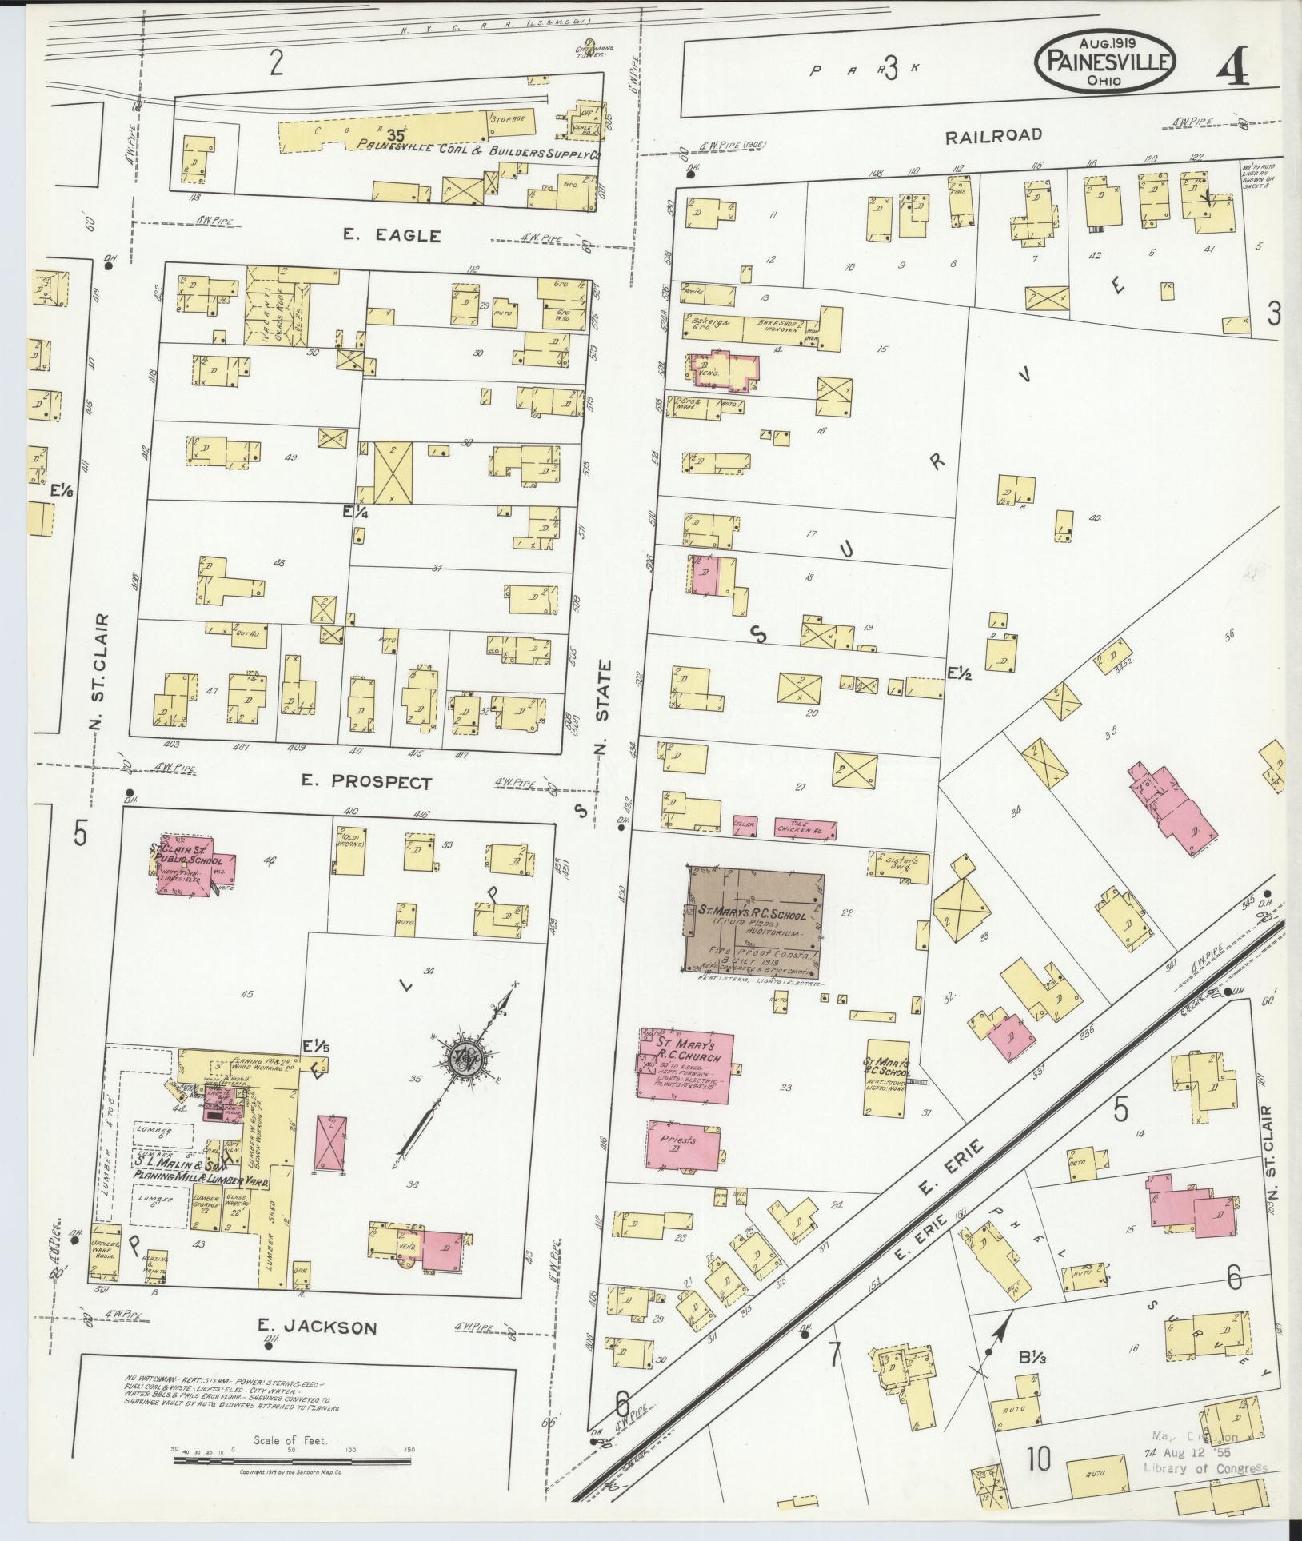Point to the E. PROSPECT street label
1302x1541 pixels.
[367, 783]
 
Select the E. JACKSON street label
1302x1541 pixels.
[317, 1327]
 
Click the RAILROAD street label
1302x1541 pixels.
[993, 135]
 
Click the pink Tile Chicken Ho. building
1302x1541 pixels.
[805, 830]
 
